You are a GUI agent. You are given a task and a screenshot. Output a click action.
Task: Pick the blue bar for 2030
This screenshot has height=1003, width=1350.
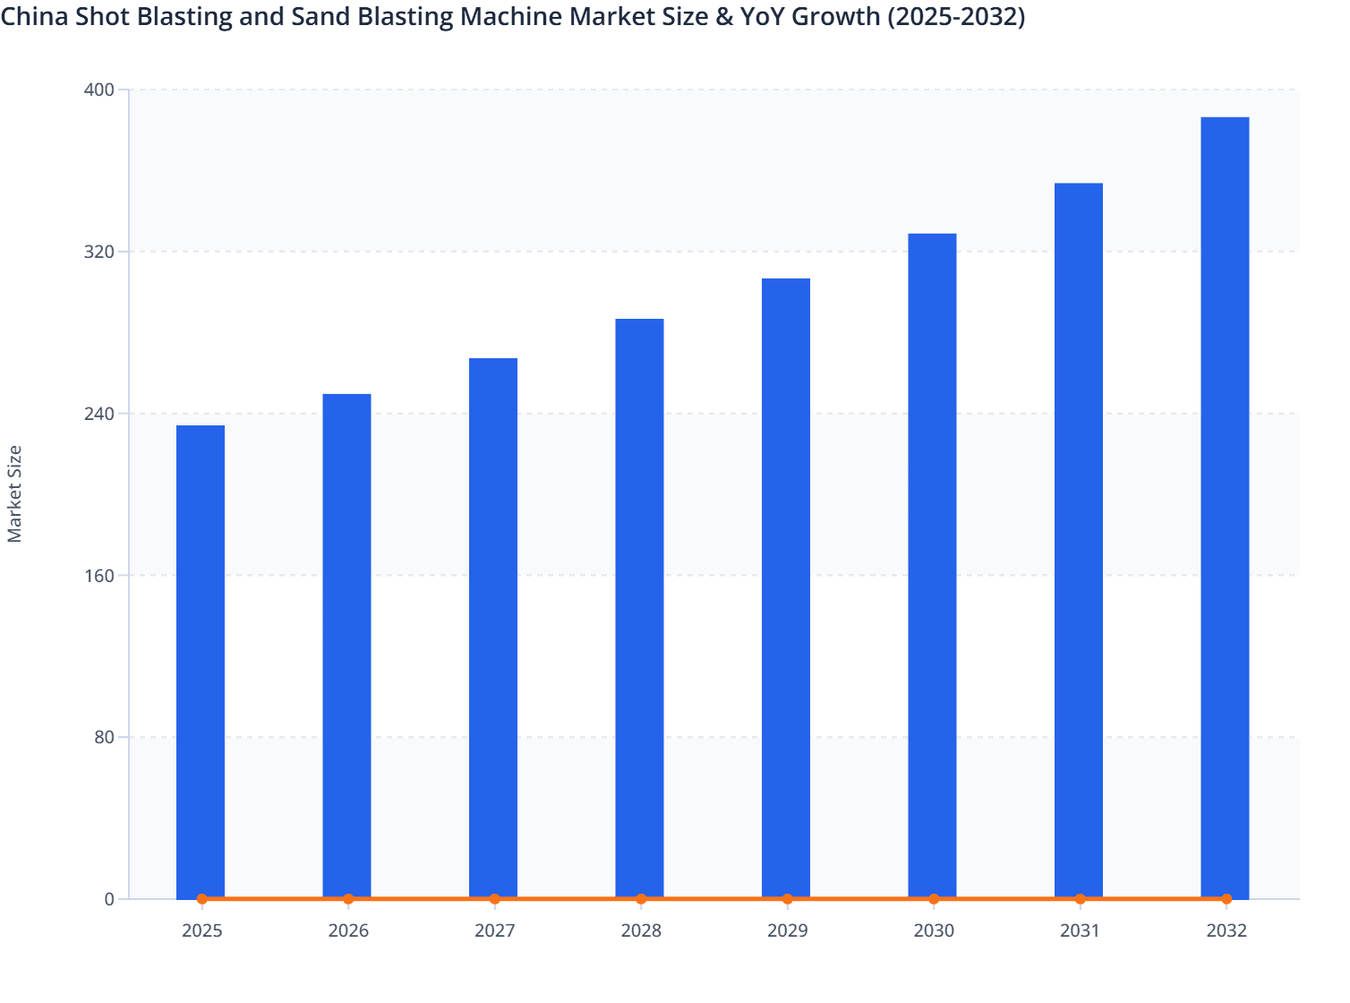(x=932, y=564)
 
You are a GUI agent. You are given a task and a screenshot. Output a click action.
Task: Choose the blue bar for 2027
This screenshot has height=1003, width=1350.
(x=493, y=627)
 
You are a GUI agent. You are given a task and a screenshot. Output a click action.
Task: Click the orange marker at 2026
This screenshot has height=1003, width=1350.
(x=348, y=898)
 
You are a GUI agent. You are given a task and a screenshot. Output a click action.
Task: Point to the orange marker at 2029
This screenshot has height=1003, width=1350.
(x=787, y=898)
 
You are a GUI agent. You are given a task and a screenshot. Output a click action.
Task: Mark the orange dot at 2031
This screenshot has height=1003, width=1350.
(x=1080, y=898)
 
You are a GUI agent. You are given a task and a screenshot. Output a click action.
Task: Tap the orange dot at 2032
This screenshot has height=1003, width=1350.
(x=1226, y=898)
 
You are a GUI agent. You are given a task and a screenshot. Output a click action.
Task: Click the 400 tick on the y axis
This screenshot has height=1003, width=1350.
(x=99, y=90)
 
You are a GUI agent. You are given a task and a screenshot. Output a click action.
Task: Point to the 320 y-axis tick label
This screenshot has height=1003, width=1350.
(x=99, y=252)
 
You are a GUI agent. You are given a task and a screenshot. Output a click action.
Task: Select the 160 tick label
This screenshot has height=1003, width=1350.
(x=99, y=575)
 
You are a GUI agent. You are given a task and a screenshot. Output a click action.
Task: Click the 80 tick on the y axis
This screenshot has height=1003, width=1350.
(x=104, y=737)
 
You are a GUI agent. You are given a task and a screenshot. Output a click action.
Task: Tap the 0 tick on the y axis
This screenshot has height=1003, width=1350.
(x=109, y=899)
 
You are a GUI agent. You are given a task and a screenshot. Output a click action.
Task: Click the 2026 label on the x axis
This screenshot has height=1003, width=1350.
(x=348, y=930)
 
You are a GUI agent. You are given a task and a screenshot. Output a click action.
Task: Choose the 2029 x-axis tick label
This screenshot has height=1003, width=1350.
(x=787, y=930)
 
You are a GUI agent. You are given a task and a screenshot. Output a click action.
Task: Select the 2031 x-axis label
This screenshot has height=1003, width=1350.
(x=1080, y=930)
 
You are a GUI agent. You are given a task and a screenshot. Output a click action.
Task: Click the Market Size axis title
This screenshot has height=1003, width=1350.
(x=15, y=493)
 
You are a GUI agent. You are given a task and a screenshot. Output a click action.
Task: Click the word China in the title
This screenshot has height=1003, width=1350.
(x=31, y=16)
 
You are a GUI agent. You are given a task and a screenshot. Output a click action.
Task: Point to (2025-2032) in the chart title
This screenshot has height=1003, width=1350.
(x=955, y=16)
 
